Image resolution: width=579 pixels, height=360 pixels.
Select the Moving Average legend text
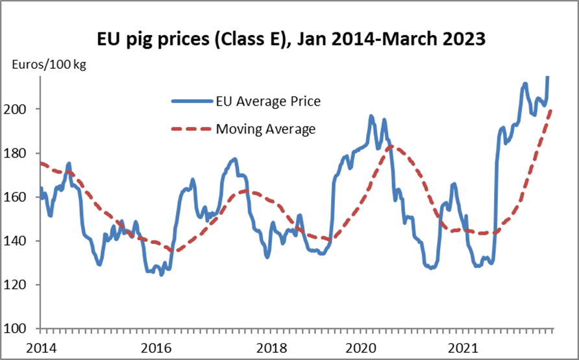click(265, 129)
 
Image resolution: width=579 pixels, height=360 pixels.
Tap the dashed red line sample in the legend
click(192, 129)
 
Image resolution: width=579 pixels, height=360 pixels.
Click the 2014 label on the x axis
click(40, 346)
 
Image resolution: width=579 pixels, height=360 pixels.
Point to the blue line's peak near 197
click(371, 116)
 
